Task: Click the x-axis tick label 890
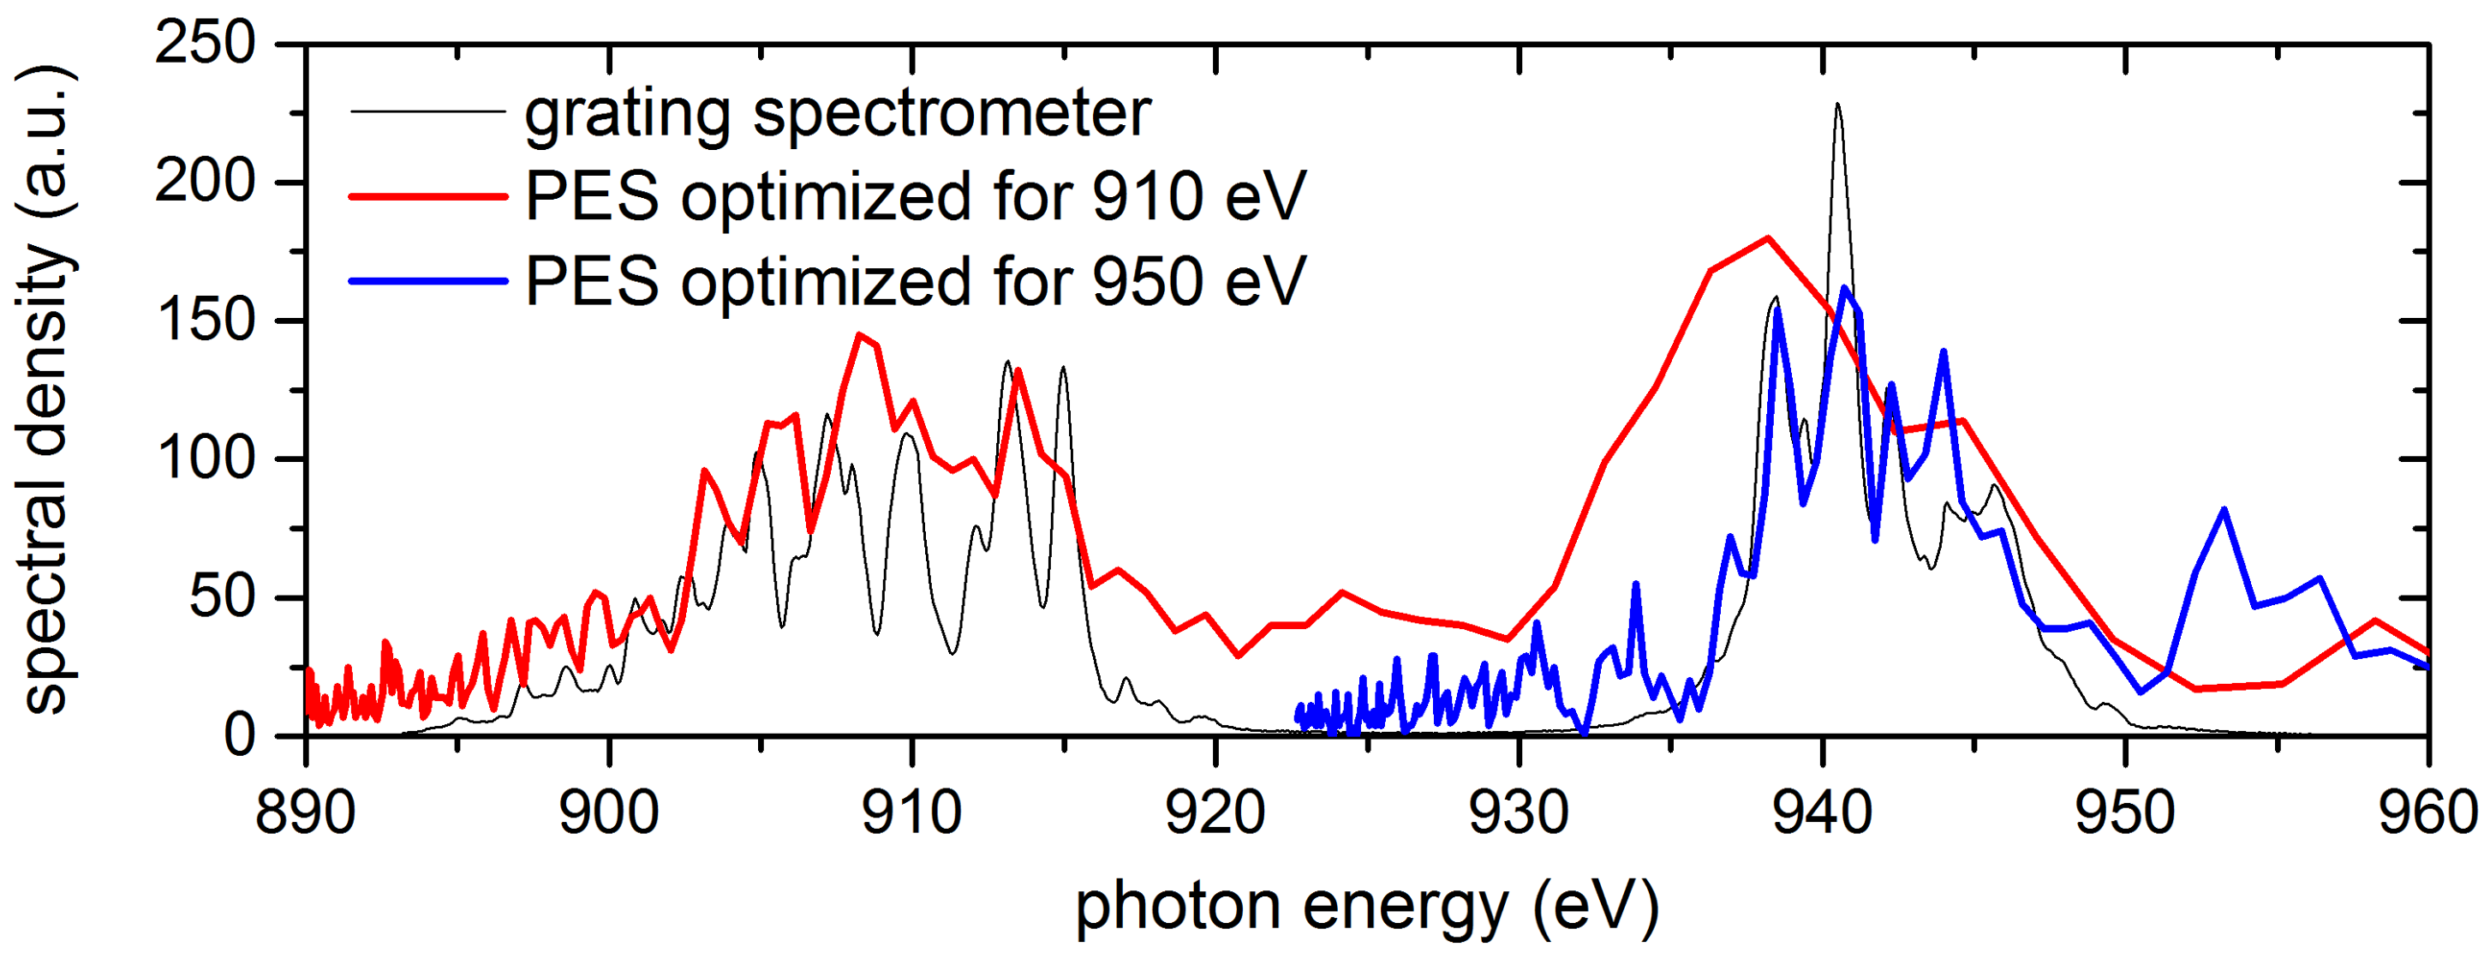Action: click(x=306, y=813)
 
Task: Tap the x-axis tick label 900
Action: click(x=609, y=813)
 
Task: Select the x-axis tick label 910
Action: click(x=911, y=813)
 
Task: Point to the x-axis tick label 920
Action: click(x=1215, y=813)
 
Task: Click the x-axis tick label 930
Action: click(x=1519, y=813)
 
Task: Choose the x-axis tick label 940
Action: click(x=1822, y=813)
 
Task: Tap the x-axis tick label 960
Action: click(x=2427, y=813)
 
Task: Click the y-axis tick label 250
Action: click(x=205, y=44)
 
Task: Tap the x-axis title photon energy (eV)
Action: click(x=1367, y=908)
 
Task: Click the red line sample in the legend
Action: click(x=428, y=196)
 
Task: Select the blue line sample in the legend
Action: click(x=428, y=281)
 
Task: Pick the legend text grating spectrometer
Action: click(x=837, y=112)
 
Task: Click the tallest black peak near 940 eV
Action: click(x=1836, y=105)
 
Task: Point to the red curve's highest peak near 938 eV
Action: click(x=1768, y=237)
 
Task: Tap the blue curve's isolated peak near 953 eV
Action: click(x=2224, y=509)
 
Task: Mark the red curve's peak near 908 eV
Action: click(x=858, y=335)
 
